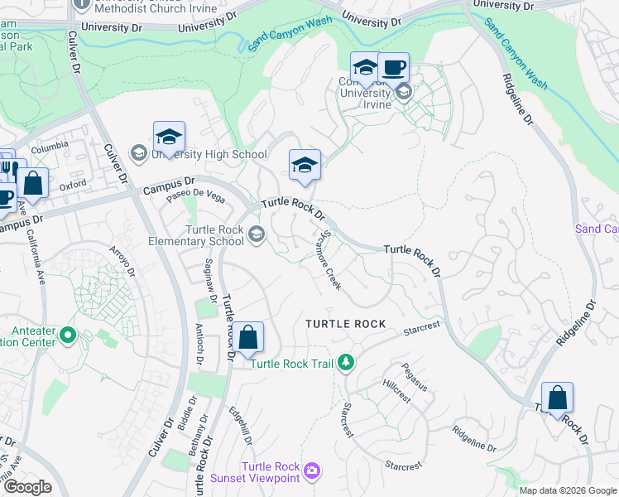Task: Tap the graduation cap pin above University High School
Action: click(169, 138)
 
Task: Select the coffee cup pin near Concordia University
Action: click(394, 68)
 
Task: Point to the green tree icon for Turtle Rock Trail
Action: click(347, 363)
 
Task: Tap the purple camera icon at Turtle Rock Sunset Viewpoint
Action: click(311, 470)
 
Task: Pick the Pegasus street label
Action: click(415, 374)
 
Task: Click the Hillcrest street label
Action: click(396, 392)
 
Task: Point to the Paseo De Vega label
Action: click(194, 196)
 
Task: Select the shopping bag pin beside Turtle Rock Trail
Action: click(247, 337)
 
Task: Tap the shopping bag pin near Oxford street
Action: click(32, 184)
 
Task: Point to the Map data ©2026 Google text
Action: click(568, 490)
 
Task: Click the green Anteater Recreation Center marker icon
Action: click(68, 336)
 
